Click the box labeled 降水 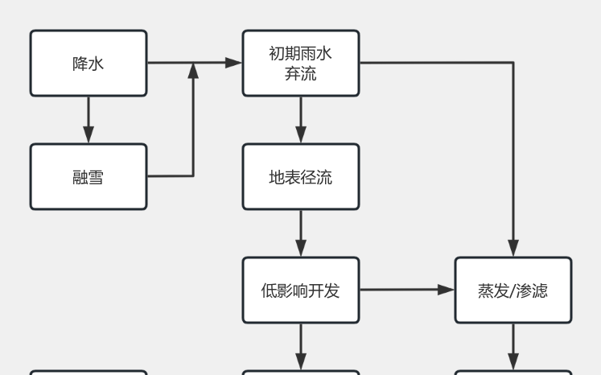[x=89, y=63]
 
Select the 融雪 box [x=89, y=176]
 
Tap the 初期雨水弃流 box [x=301, y=63]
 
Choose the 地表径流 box [x=301, y=176]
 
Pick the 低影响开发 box [x=301, y=290]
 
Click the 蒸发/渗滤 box [x=513, y=290]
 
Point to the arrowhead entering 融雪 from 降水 [x=89, y=136]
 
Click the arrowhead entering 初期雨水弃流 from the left [x=235, y=63]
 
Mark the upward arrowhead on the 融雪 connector [x=193, y=71]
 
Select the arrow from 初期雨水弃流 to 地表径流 [x=301, y=119]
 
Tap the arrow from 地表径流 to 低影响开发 [x=301, y=233]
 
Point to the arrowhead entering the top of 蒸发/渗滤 [x=513, y=249]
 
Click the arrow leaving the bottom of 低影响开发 [x=301, y=346]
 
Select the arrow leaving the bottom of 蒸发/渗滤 [x=513, y=346]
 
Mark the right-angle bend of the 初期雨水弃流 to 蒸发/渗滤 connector [x=513, y=63]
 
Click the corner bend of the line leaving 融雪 [x=193, y=176]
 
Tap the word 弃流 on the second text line [x=301, y=74]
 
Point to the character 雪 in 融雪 [x=96, y=177]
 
